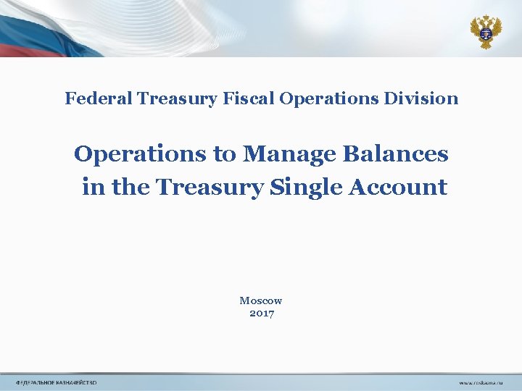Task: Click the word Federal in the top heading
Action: pos(89,98)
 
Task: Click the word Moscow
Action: pos(261,300)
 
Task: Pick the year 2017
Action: pos(261,314)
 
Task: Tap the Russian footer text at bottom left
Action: pos(57,382)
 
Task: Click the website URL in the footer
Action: pos(480,382)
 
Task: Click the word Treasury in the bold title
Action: pos(209,188)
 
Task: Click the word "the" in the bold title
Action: pos(128,188)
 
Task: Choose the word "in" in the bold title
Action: pos(92,188)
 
